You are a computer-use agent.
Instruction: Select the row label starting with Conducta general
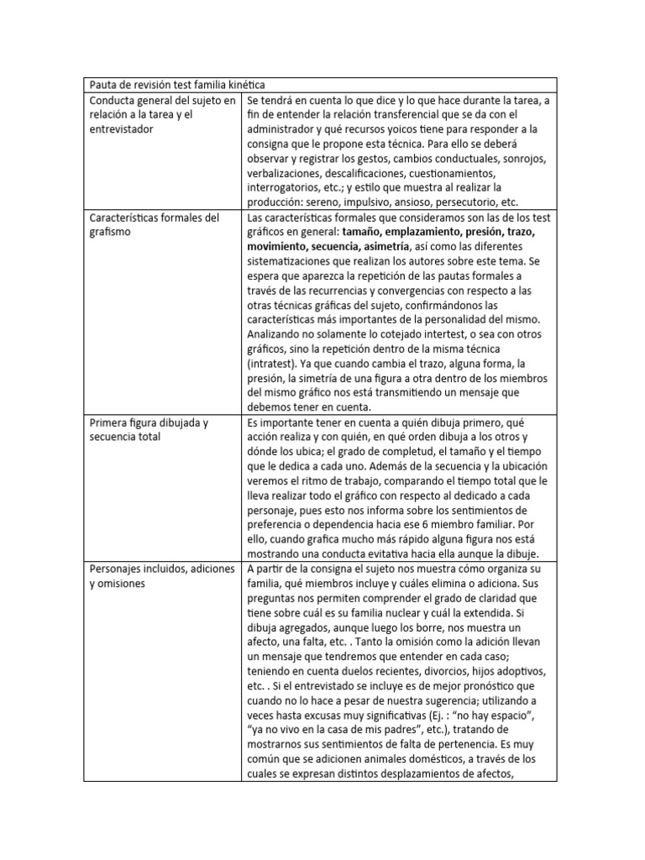coord(160,101)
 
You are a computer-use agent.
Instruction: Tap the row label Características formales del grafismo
coord(154,218)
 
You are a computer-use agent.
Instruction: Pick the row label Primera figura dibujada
coord(149,422)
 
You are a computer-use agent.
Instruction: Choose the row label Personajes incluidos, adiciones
coord(160,568)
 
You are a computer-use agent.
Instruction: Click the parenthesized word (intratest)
coord(273,364)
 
